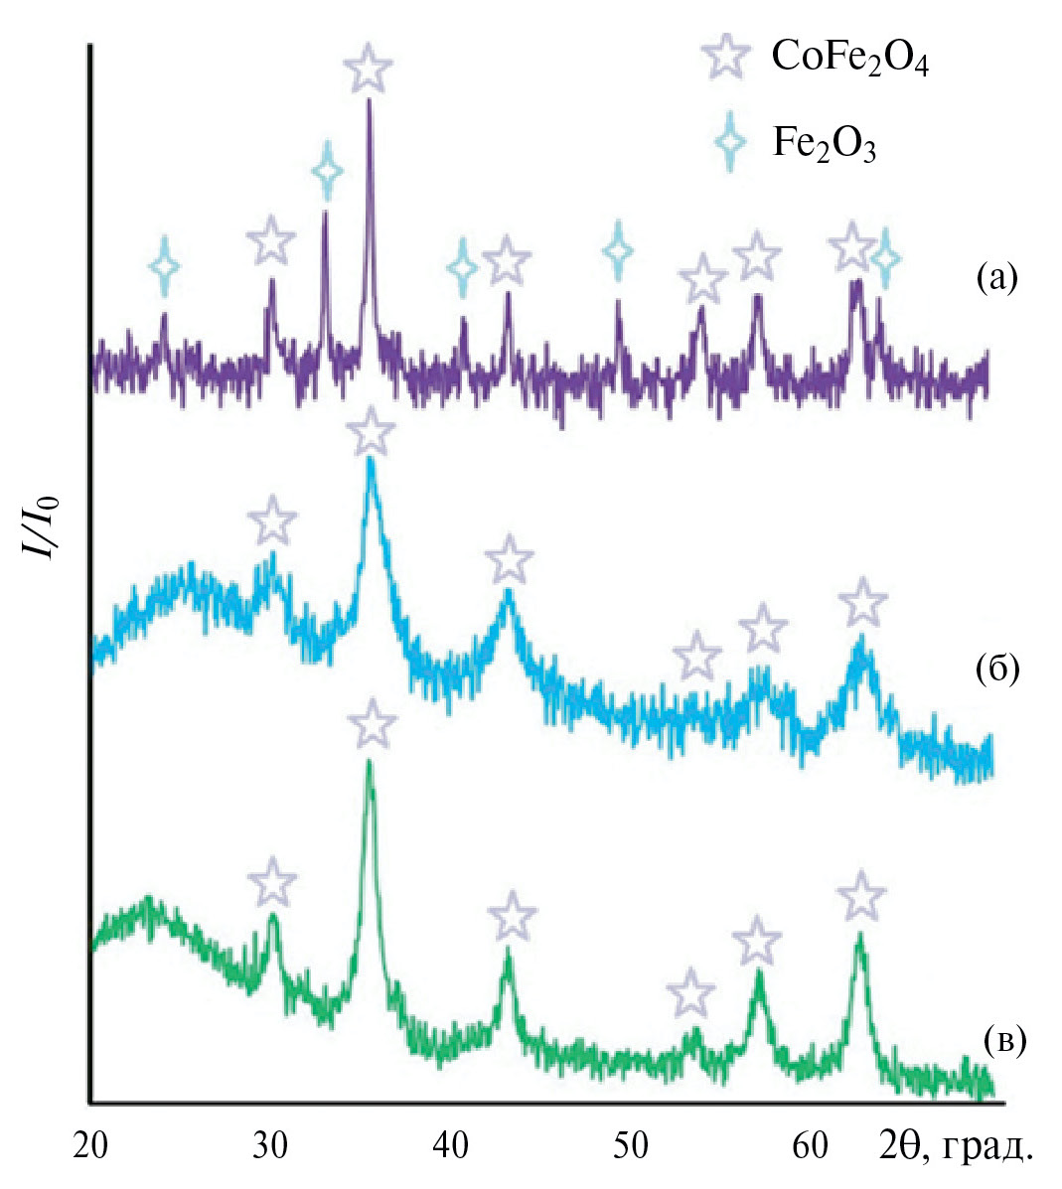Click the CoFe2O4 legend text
coord(849,62)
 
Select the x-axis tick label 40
coord(452,1145)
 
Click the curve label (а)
coord(997,278)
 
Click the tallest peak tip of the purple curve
coord(370,99)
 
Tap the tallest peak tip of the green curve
coord(370,762)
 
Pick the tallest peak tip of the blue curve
coord(372,459)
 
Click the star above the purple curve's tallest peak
coord(368,68)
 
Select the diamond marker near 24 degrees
coord(165,265)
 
